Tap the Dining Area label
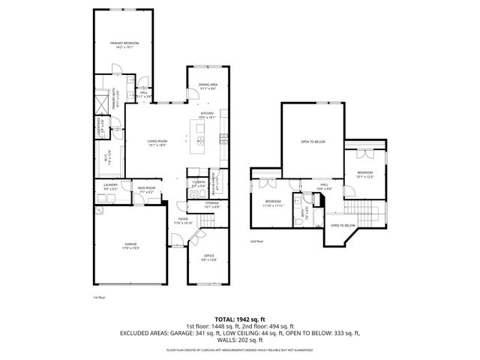point(208,85)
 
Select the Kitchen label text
point(207,114)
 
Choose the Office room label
point(209,256)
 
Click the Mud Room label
point(146,189)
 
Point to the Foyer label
point(184,220)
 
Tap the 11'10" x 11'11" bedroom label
point(271,202)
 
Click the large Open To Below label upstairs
point(313,141)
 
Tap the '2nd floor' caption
point(258,241)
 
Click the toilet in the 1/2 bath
point(193,196)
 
